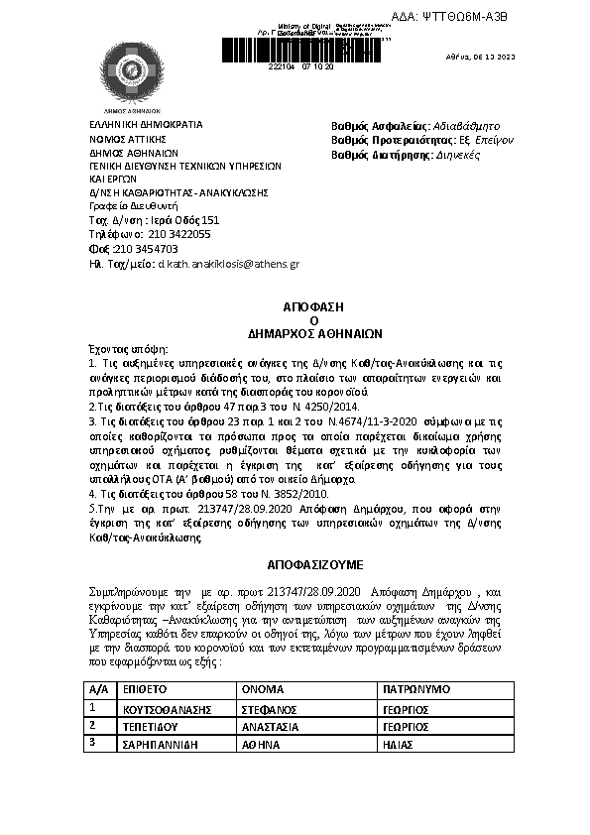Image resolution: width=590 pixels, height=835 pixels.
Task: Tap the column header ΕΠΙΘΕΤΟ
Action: click(144, 688)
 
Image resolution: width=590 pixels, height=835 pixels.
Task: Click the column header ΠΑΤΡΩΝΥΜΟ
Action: click(415, 688)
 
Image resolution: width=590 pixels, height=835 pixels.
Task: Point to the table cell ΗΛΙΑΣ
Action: click(398, 743)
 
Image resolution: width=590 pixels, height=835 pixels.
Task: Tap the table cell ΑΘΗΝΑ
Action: click(262, 743)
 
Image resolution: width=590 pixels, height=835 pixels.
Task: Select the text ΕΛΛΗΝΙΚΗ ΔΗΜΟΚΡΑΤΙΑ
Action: click(146, 125)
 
